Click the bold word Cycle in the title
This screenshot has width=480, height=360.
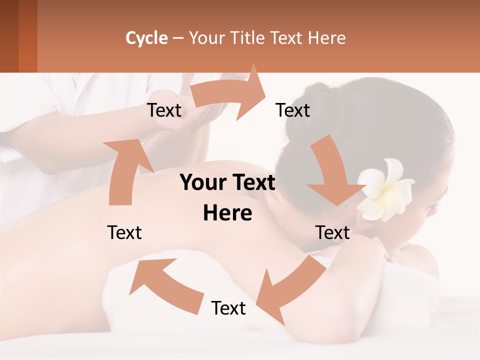click(146, 38)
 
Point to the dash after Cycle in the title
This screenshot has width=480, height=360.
click(178, 38)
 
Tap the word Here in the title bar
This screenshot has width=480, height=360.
click(327, 38)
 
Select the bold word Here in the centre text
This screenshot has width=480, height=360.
click(227, 213)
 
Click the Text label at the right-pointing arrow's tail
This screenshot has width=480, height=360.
click(164, 110)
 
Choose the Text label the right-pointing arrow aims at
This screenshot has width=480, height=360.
click(293, 110)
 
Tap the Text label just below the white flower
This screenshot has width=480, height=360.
click(332, 232)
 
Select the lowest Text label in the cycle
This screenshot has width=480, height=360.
click(228, 308)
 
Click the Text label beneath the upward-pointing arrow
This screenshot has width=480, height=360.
click(124, 232)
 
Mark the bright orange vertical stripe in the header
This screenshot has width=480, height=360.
click(28, 36)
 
